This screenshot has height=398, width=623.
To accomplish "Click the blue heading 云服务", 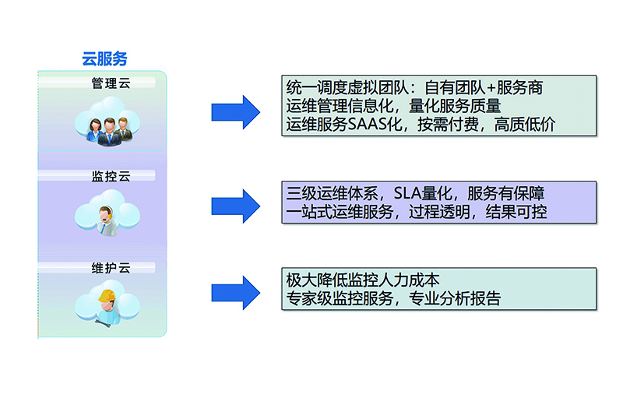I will pos(104,58).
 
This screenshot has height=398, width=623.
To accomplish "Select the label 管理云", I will pos(111,83).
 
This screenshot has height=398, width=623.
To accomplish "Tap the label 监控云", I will pos(111,177).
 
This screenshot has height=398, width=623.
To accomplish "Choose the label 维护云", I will pos(111,269).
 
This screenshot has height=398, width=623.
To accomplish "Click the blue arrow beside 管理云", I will pos(235,112).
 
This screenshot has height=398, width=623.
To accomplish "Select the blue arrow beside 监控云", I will pos(235,206).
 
